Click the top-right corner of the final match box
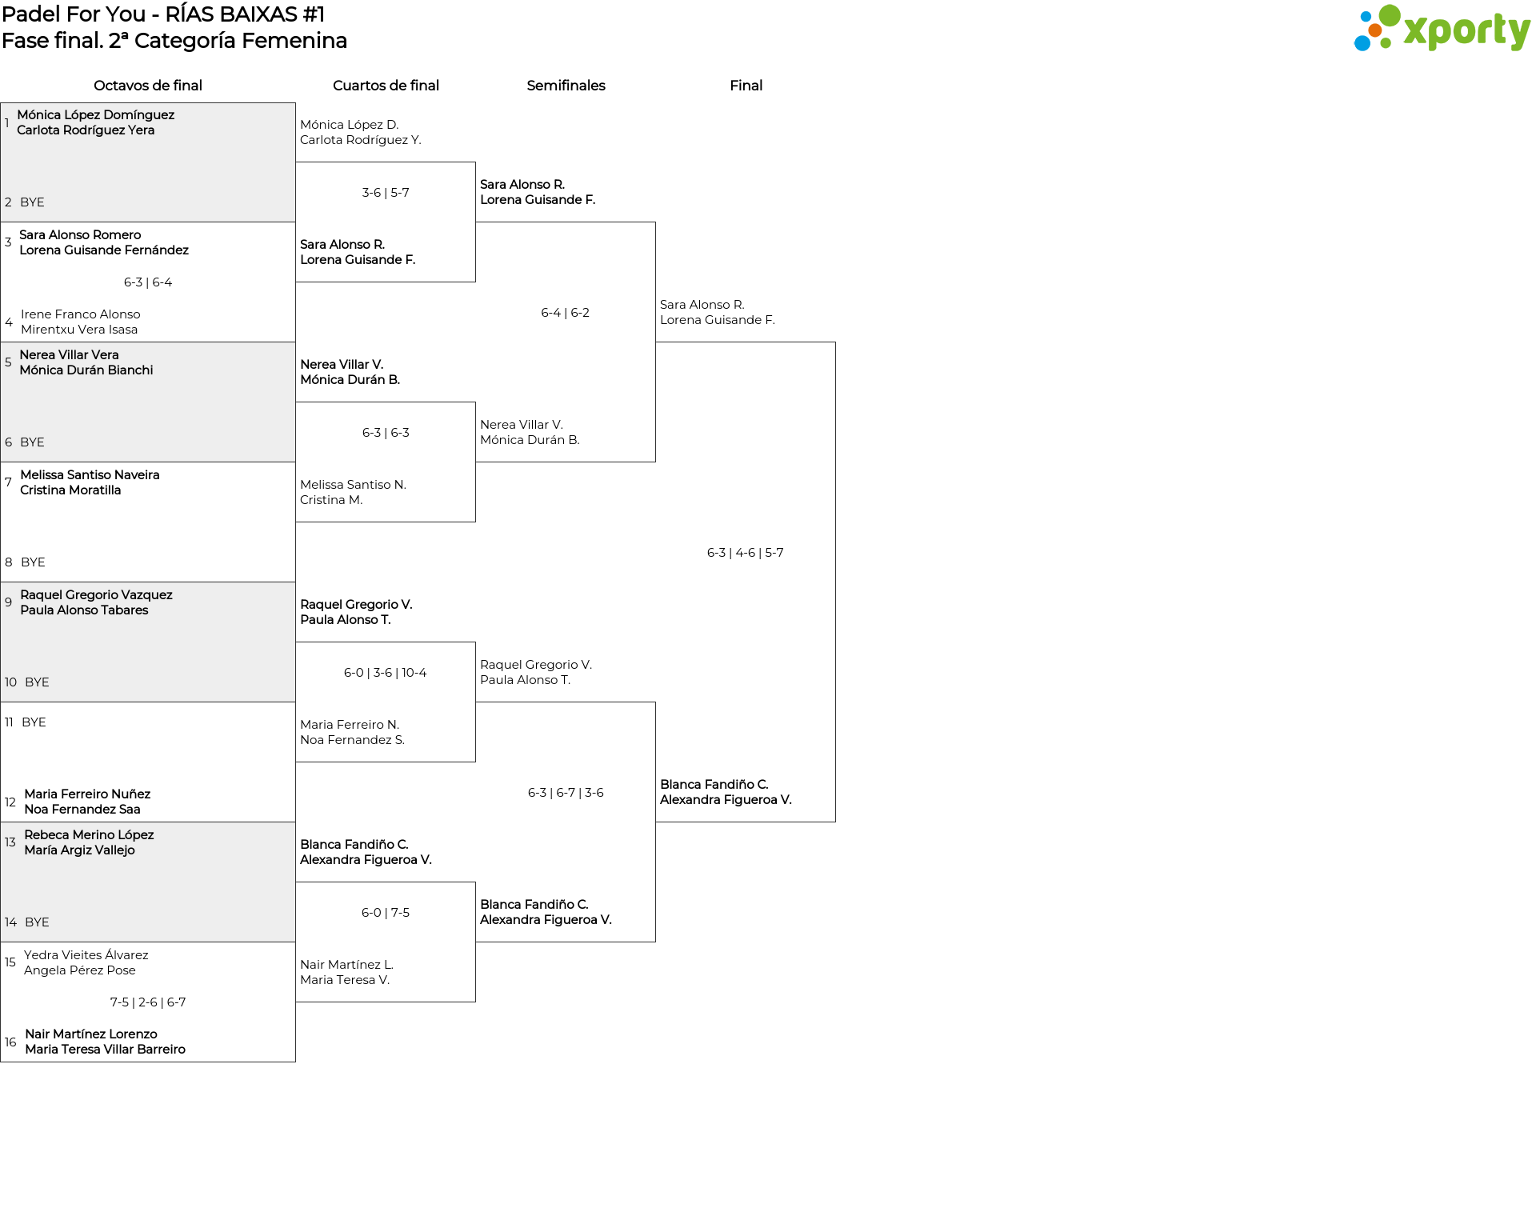coord(835,342)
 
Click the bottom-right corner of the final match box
coord(835,822)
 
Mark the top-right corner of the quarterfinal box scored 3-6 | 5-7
coord(475,162)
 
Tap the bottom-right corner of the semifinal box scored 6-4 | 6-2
coord(655,462)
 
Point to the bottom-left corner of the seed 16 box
coord(1,1062)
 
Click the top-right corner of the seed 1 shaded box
coord(295,102)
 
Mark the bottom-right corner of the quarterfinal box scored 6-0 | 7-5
coord(475,1002)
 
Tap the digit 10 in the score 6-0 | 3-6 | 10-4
coord(408,673)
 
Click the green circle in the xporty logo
coord(1390,16)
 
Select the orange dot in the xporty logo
coord(1375,30)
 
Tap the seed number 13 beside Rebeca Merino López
coord(10,842)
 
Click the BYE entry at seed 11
coord(34,722)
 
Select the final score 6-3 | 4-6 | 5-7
coord(746,553)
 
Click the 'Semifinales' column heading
coord(566,86)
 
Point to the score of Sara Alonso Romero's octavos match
coord(148,282)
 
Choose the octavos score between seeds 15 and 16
coord(148,1002)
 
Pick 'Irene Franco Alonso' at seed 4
coord(81,314)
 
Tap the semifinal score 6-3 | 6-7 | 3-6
coord(566,793)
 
